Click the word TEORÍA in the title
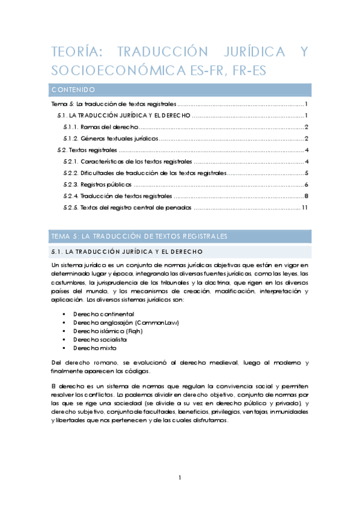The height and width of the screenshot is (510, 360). coord(72,52)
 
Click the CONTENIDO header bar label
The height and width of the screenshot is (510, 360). coord(73,90)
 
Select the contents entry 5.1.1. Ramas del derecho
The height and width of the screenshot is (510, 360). coord(101,127)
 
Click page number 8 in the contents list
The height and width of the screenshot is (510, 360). coord(307,196)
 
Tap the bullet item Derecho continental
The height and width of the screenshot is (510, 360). coord(103,314)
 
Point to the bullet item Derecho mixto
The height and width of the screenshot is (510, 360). coord(94,348)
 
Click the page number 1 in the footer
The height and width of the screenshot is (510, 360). coord(180,478)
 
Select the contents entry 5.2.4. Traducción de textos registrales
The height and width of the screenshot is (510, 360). coord(117,196)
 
